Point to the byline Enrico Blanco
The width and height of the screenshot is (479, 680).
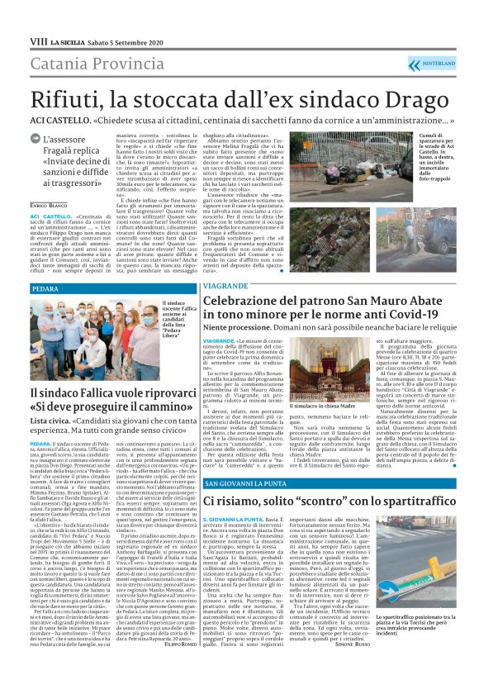(x=49, y=202)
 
